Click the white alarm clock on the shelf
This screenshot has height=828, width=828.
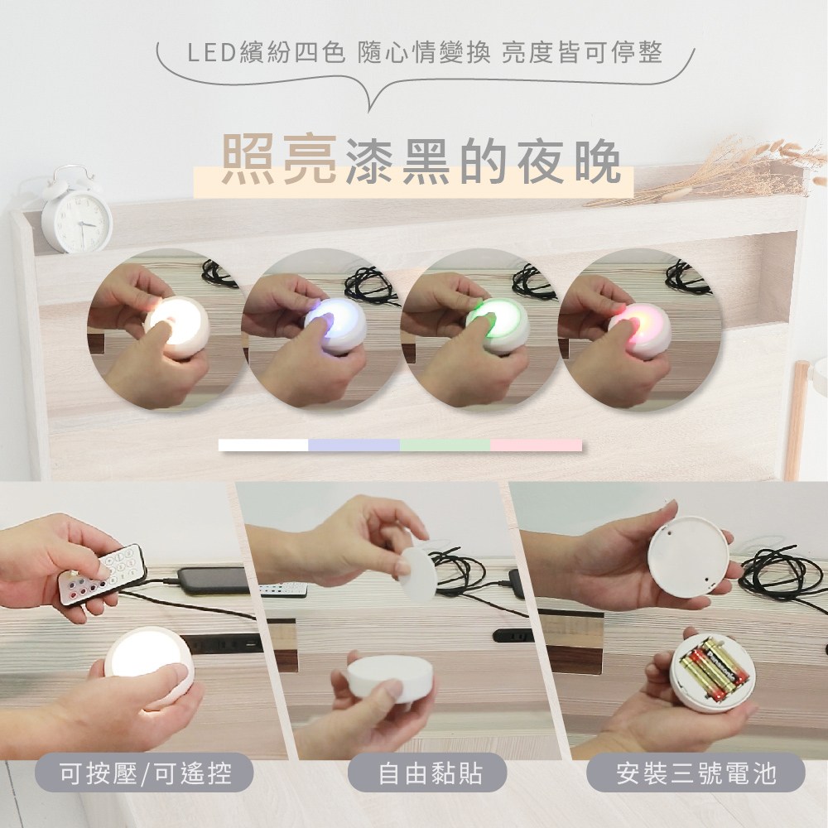(x=76, y=212)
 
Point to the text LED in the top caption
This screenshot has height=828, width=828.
(x=202, y=55)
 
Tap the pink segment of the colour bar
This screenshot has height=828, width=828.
(x=536, y=445)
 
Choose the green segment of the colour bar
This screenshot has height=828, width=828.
(x=445, y=445)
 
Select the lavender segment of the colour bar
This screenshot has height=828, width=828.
(x=354, y=445)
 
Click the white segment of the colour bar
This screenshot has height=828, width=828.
(x=263, y=445)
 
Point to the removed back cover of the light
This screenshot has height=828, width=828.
(x=686, y=552)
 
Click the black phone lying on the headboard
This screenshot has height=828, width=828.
(x=211, y=580)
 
